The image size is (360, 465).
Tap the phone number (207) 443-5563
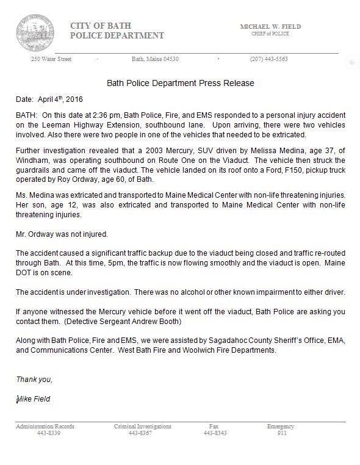coord(268,59)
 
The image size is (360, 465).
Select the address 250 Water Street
coord(51,59)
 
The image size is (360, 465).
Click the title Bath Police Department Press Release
coord(180,82)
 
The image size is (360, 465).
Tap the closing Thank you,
coord(34,380)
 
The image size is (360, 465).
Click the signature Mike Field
coord(34,399)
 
